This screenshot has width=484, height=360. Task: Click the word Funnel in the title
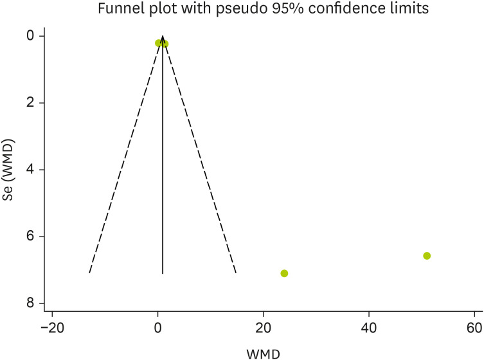tap(116, 10)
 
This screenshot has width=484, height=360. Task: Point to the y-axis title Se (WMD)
tap(9, 169)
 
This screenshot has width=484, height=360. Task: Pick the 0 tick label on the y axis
tap(40, 36)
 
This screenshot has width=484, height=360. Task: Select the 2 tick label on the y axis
tap(40, 103)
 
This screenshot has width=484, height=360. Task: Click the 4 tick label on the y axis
tap(40, 170)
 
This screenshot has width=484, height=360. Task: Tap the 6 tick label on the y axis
tap(40, 237)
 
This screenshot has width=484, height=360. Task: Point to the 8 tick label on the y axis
tap(40, 303)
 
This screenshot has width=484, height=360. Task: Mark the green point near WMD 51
tap(427, 256)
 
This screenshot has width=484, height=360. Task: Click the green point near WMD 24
tap(284, 273)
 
